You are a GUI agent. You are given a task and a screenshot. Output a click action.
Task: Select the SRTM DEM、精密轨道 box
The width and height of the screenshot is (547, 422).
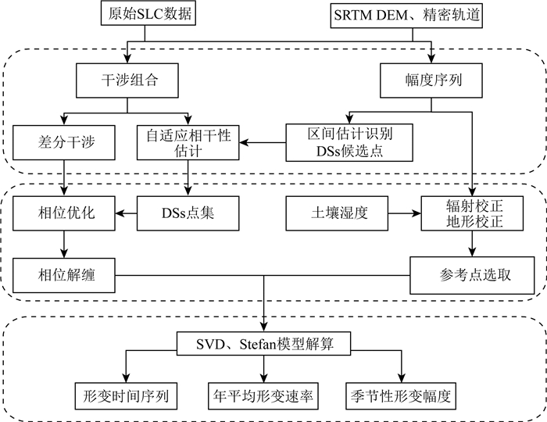click(429, 13)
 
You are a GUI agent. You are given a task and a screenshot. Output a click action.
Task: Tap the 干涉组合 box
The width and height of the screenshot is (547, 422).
click(126, 79)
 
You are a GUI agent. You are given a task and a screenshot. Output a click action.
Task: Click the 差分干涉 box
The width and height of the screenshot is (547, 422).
click(61, 144)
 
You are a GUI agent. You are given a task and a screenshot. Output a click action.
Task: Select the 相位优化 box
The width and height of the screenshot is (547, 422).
click(61, 213)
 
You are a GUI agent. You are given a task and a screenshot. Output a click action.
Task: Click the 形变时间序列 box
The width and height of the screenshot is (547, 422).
click(126, 395)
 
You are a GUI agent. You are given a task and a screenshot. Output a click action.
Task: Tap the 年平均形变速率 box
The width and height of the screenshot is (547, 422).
click(263, 395)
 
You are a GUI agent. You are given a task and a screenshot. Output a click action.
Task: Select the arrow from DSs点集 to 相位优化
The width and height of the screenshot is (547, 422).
click(127, 213)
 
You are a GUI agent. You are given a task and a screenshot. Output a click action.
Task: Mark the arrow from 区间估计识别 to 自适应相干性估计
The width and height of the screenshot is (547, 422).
click(261, 144)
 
